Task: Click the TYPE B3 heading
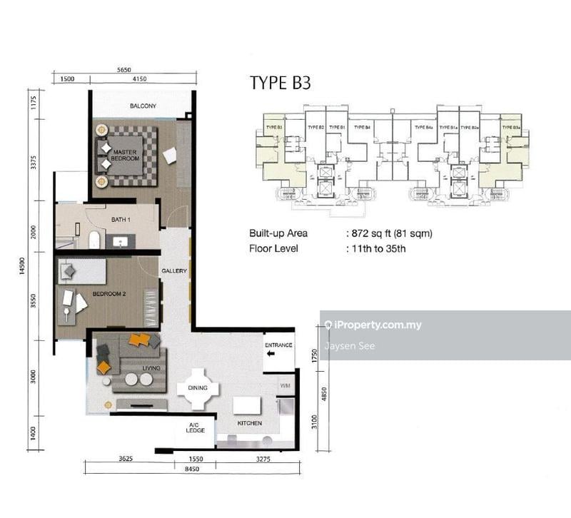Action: (280, 83)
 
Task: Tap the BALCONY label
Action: (143, 106)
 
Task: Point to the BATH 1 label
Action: (120, 220)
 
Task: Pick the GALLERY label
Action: (173, 271)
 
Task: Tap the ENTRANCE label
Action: (278, 345)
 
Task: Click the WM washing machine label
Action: (285, 386)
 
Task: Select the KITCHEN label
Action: (250, 423)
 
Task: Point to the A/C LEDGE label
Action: (195, 429)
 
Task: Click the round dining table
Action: (198, 388)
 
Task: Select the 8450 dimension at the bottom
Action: (191, 470)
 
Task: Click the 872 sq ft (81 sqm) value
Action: (388, 233)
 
